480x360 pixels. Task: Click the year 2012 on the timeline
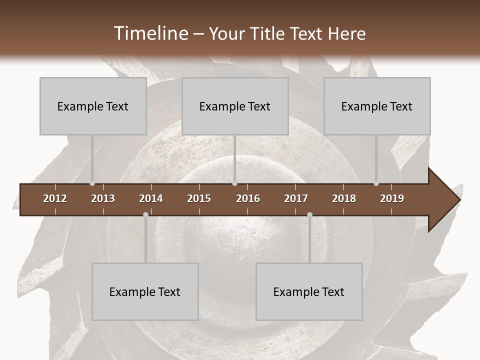click(55, 198)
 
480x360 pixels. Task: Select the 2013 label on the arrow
click(103, 198)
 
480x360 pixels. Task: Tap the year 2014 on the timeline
click(151, 198)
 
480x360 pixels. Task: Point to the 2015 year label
click(199, 198)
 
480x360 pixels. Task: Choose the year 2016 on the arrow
click(248, 198)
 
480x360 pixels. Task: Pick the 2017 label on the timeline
click(296, 198)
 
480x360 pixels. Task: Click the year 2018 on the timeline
click(344, 198)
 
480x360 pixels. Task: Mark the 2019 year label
click(392, 198)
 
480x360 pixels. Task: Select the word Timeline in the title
click(150, 33)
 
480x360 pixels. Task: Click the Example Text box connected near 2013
click(93, 106)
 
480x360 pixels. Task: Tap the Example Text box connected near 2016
click(235, 106)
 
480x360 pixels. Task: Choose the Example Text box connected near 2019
click(377, 106)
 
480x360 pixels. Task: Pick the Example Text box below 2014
click(145, 291)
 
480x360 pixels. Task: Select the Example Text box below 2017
click(309, 291)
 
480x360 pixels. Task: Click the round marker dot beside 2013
click(92, 183)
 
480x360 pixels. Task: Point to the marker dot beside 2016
click(234, 183)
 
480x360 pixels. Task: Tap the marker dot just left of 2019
click(376, 183)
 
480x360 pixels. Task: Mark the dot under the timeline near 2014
click(145, 214)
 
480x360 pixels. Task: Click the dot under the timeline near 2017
click(309, 214)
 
